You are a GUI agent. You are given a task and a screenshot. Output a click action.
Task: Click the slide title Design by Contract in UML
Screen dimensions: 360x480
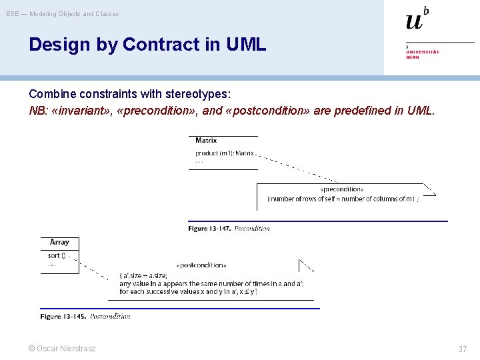tap(147, 45)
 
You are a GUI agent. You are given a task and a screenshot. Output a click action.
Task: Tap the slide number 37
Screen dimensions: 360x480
tap(462, 349)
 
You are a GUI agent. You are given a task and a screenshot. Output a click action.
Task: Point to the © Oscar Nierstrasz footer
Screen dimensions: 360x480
tap(61, 349)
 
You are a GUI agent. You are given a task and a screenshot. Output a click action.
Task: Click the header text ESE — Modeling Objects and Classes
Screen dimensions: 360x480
tap(63, 13)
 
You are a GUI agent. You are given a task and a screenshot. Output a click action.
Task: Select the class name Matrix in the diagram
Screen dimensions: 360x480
tap(206, 141)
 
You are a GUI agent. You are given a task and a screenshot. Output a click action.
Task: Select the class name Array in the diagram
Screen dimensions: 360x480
tap(59, 242)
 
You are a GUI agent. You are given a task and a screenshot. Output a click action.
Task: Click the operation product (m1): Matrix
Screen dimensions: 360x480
tap(224, 153)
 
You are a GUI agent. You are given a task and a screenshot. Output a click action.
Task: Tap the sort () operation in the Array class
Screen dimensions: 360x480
tap(57, 255)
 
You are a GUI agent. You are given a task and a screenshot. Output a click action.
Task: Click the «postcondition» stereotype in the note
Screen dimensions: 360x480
tap(201, 265)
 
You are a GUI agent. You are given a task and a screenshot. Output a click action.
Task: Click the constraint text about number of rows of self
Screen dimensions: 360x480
tap(343, 199)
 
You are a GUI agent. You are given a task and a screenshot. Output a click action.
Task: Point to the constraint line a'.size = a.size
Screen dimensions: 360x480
tap(143, 275)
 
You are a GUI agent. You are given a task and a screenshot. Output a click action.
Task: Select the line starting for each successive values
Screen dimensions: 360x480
tap(188, 291)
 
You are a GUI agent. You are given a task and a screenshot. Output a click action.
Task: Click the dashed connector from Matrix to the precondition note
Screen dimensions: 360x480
tap(297, 168)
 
